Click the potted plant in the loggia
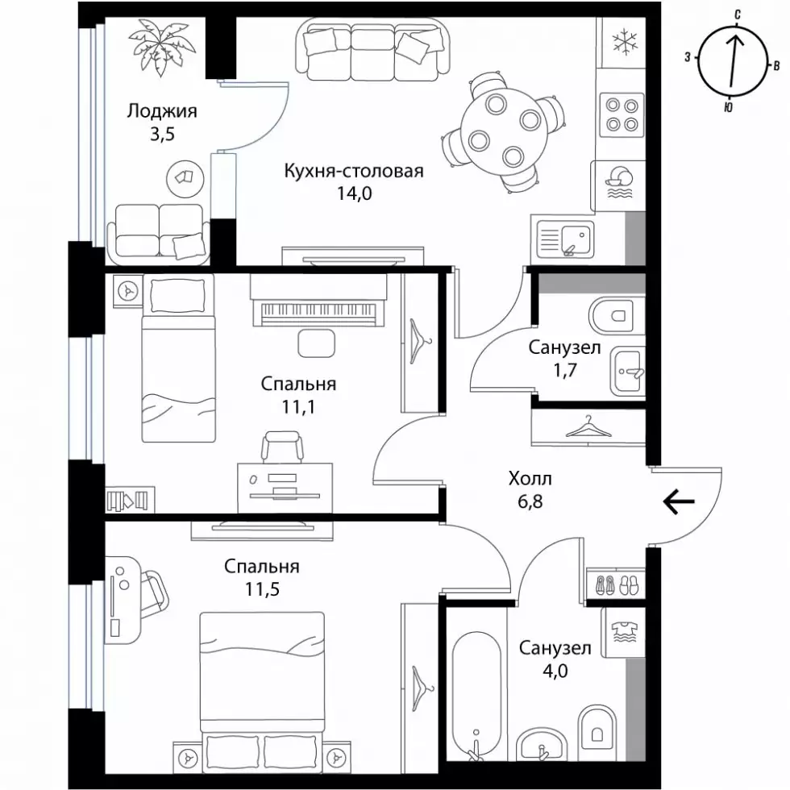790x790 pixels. click(160, 49)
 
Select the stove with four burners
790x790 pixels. click(622, 114)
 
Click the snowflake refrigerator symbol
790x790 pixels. click(625, 41)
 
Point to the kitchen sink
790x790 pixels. click(565, 239)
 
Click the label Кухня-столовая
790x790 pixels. click(354, 171)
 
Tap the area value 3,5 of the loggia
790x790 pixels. click(162, 135)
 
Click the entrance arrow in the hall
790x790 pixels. click(679, 501)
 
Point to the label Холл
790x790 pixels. click(530, 478)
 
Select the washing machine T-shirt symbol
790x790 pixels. click(624, 632)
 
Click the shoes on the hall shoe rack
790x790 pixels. click(617, 584)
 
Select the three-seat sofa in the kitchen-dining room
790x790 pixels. click(372, 50)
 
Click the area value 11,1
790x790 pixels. click(298, 406)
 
